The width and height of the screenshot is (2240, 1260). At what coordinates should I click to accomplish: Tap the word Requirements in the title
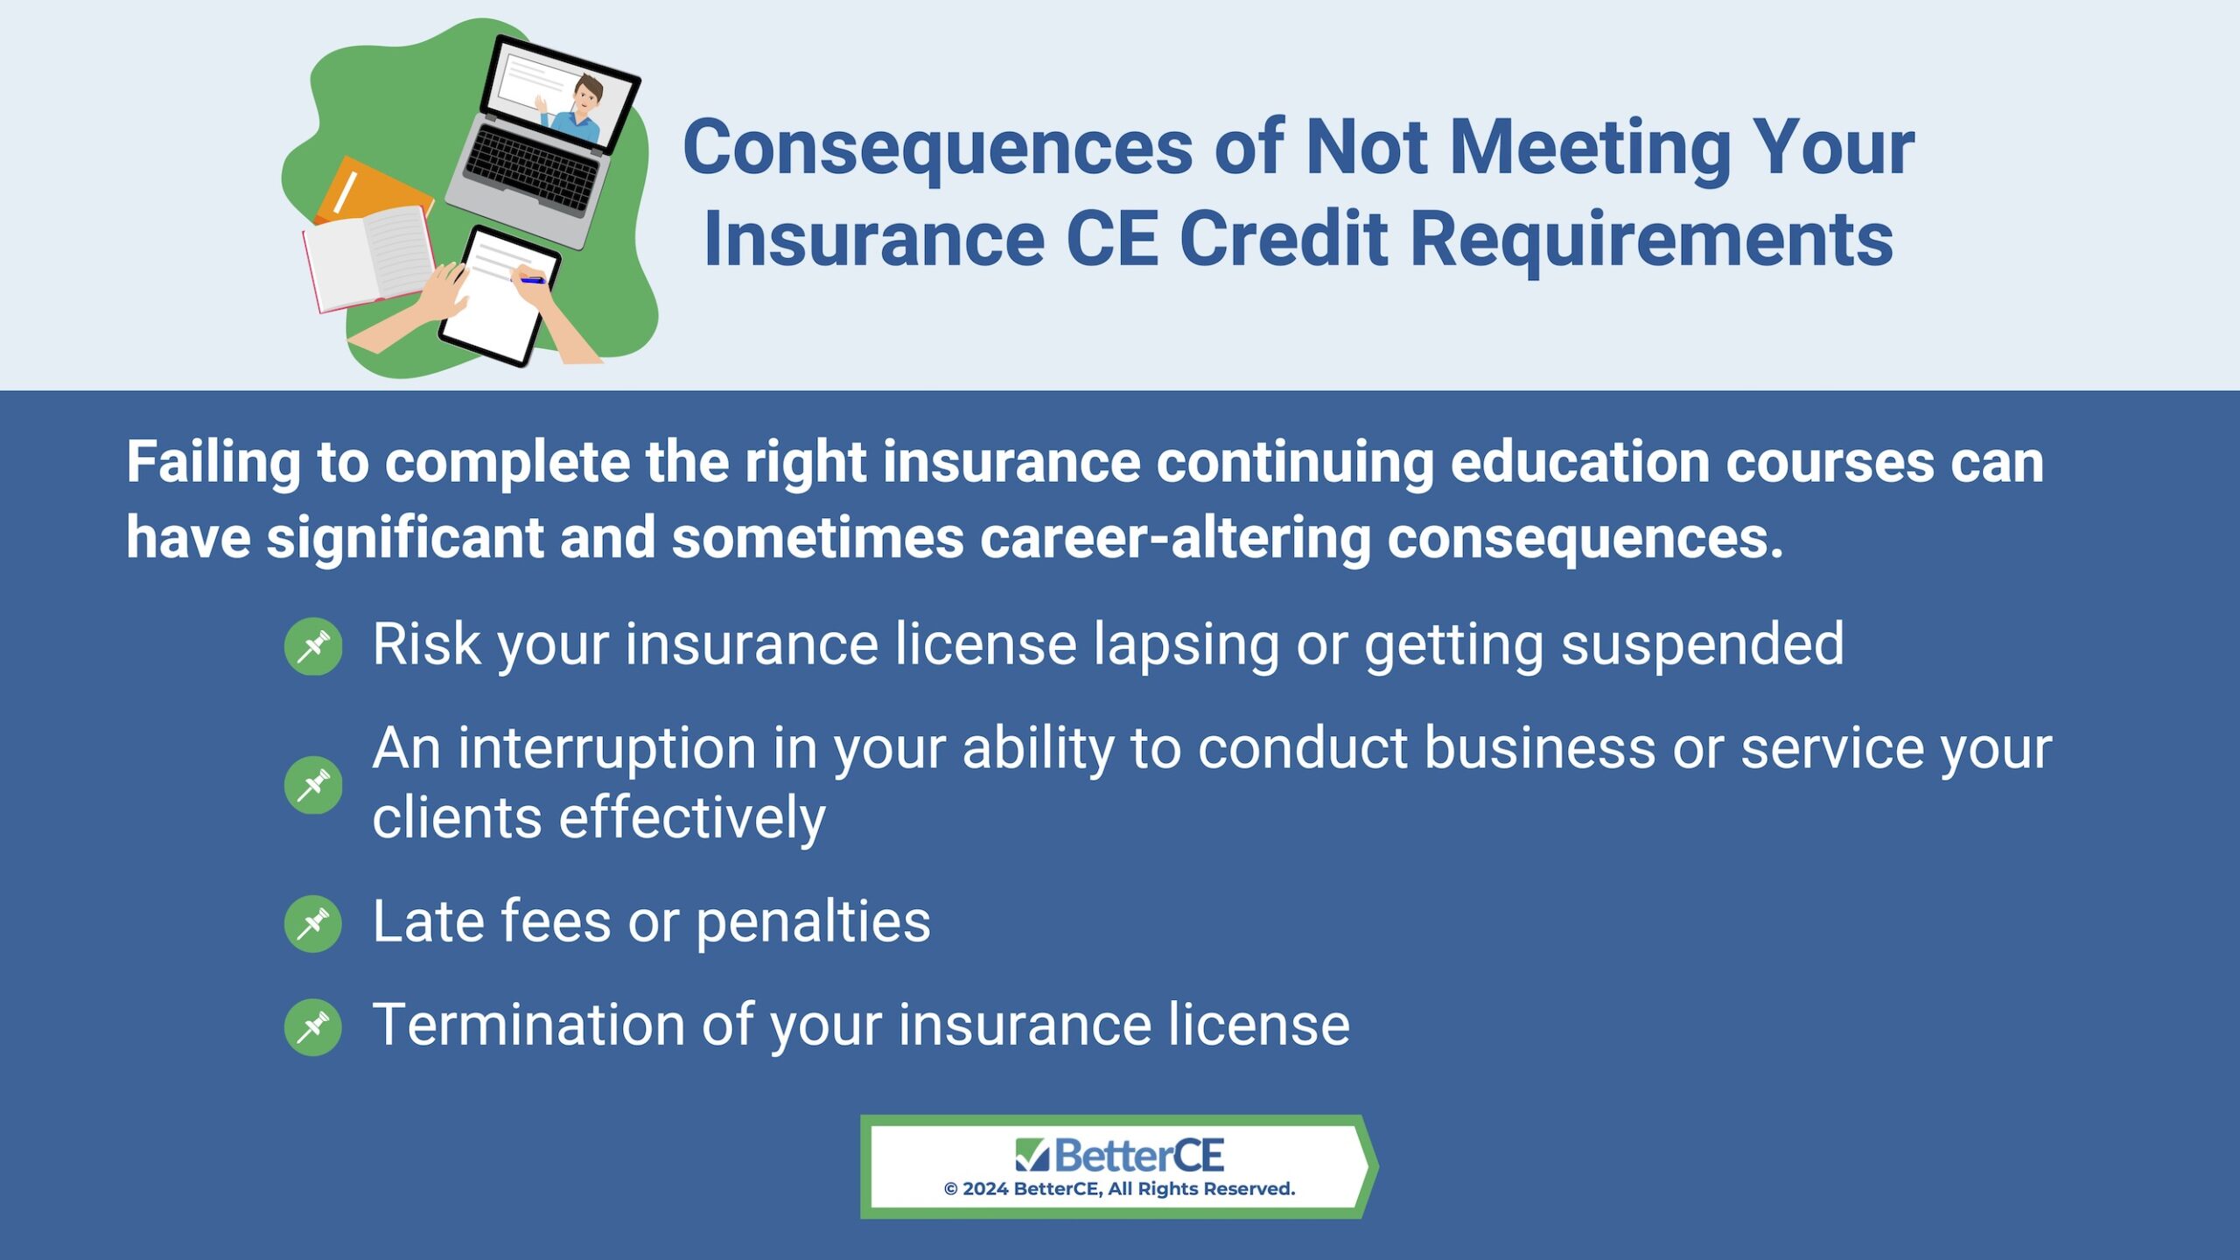point(1652,240)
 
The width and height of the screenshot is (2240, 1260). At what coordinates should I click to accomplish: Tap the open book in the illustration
point(367,258)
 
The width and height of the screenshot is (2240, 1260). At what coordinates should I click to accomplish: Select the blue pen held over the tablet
point(528,279)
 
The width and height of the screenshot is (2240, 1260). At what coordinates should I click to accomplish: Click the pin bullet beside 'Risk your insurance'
point(313,647)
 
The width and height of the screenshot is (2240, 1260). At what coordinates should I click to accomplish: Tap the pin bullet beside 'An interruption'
point(313,785)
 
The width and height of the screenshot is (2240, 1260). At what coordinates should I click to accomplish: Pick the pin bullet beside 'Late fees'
point(313,923)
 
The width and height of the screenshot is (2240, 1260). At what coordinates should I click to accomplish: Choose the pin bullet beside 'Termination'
point(313,1026)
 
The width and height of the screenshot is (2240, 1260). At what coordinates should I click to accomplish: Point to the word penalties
point(814,923)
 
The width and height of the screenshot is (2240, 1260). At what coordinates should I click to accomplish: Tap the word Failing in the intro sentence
point(214,463)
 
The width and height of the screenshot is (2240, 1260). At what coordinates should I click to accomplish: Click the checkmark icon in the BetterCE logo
point(1032,1155)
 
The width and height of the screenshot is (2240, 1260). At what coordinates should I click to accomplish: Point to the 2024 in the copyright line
point(985,1189)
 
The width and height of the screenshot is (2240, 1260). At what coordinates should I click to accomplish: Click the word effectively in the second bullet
point(692,818)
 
